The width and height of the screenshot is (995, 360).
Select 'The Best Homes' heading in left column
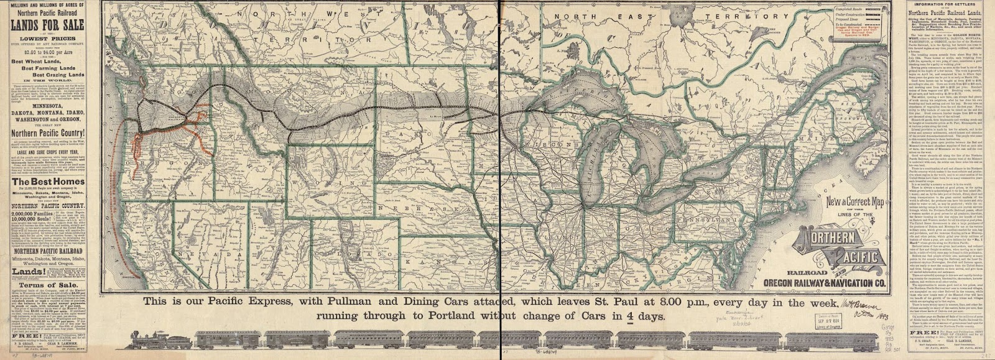point(44,182)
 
